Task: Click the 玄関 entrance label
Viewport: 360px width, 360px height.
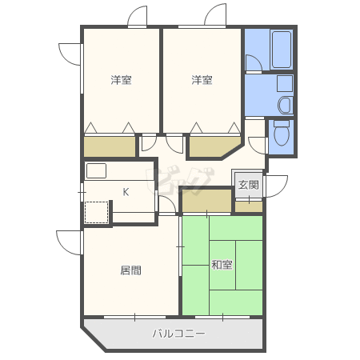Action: point(248,185)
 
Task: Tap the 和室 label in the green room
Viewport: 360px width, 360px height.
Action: point(222,265)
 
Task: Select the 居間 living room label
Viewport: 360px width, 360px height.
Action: point(130,270)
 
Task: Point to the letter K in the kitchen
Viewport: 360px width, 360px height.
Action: point(126,192)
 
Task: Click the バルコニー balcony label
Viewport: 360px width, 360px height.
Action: point(179,334)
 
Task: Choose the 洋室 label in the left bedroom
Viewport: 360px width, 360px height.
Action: point(122,80)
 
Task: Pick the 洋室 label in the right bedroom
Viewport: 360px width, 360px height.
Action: point(202,80)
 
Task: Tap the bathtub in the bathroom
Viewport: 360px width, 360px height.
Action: point(282,50)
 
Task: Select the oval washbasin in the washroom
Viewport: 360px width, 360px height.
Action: point(286,105)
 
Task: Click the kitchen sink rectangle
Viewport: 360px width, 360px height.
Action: point(96,170)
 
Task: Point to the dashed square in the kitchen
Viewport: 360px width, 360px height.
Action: point(96,213)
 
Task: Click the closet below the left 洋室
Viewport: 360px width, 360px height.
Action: point(110,146)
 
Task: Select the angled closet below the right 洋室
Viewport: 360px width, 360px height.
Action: point(214,146)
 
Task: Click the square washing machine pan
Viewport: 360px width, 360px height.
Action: point(285,83)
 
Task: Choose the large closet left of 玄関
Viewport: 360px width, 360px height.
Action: point(206,201)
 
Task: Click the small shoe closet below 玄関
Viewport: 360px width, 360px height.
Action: point(249,207)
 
